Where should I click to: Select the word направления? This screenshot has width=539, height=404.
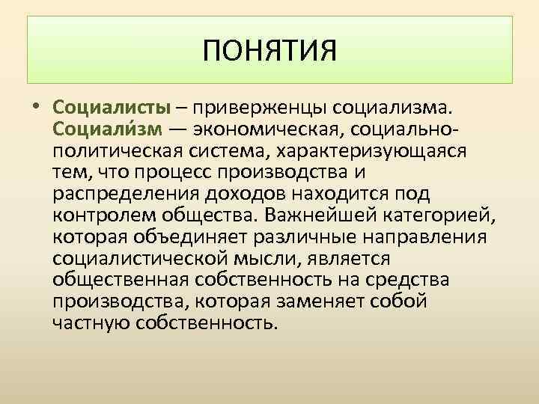tap(423, 237)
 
